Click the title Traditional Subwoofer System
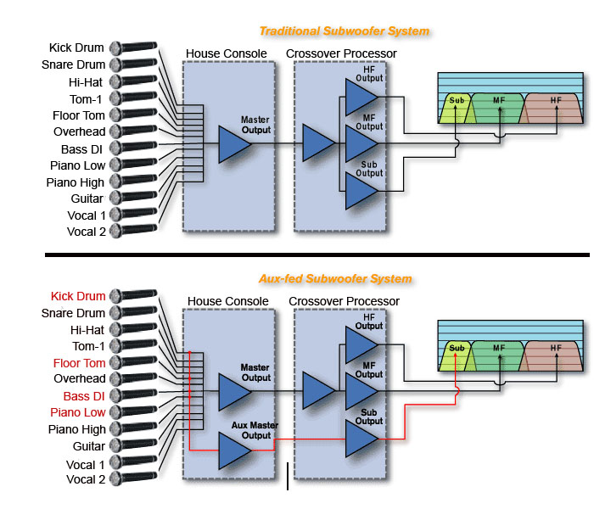[x=345, y=31]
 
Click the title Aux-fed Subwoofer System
[x=335, y=279]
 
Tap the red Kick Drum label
[x=78, y=296]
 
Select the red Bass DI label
[x=84, y=396]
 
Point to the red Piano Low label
[x=78, y=412]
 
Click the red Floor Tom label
[x=79, y=363]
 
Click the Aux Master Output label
[x=255, y=430]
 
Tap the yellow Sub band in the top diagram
[x=457, y=108]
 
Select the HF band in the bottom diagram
[x=552, y=355]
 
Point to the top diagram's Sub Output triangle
[x=361, y=191]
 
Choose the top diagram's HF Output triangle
[x=361, y=98]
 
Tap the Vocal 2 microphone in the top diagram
[x=133, y=230]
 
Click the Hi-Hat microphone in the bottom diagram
[x=133, y=328]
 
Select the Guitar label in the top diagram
[x=87, y=199]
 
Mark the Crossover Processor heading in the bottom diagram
[x=344, y=301]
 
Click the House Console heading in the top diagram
[x=227, y=53]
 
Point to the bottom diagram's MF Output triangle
[x=361, y=392]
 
